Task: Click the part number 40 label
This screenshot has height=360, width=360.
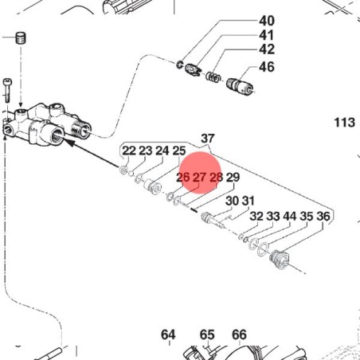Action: [267, 21]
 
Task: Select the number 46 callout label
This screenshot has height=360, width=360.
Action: [267, 67]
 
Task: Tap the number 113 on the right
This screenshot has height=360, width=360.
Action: [344, 123]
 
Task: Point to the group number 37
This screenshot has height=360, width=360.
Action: [207, 139]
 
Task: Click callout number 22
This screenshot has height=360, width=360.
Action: [129, 151]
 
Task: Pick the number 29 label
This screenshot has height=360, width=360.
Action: [233, 178]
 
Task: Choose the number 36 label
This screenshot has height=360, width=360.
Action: [323, 216]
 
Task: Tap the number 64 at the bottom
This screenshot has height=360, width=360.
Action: [168, 335]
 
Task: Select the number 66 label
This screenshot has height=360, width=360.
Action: [239, 335]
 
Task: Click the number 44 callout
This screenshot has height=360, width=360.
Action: [289, 216]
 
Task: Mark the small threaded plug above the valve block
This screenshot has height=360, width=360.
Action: [22, 38]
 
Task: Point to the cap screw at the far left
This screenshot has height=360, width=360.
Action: [7, 90]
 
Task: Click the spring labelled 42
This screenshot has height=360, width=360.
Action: [213, 76]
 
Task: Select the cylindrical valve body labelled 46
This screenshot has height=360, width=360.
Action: [240, 87]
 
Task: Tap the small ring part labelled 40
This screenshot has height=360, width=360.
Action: [179, 65]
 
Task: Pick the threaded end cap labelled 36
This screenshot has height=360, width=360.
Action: [280, 259]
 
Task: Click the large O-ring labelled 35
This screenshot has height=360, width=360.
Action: [262, 249]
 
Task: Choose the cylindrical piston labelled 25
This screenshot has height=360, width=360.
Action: [152, 186]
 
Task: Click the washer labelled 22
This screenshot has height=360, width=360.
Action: [123, 170]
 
